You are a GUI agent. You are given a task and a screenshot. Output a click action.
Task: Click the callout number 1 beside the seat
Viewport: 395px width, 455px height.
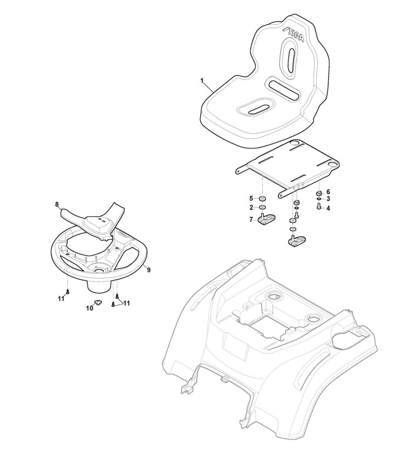click(202, 80)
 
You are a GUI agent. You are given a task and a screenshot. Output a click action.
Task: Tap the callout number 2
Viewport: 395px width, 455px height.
click(251, 208)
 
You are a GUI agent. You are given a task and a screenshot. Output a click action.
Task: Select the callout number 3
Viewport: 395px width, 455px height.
click(328, 199)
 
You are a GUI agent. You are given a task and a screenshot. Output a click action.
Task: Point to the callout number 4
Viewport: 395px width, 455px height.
click(328, 208)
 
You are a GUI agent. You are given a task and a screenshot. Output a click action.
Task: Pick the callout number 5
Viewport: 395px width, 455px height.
click(251, 199)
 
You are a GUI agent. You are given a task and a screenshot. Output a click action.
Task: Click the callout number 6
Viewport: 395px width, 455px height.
click(328, 192)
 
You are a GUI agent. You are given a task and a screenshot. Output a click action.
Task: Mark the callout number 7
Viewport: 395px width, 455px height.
click(251, 220)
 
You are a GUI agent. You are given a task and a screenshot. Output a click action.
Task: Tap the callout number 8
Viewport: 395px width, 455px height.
click(57, 204)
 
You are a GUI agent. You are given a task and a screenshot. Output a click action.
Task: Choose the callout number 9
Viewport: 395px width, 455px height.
click(149, 270)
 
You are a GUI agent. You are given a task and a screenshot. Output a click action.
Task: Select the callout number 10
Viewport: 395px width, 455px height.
click(89, 308)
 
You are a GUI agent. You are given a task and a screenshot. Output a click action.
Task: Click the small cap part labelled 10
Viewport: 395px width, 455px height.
click(97, 303)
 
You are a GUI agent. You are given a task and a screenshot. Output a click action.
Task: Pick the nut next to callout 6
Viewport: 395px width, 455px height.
click(319, 193)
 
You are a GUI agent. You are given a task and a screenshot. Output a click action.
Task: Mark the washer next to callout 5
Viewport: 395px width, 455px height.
click(262, 199)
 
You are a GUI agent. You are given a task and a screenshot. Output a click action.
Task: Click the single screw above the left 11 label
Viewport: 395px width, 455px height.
click(67, 292)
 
